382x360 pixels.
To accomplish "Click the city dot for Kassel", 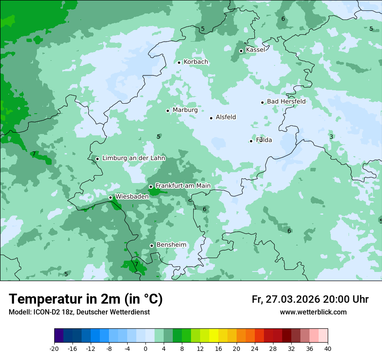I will point(241,51).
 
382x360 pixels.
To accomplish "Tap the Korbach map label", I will point(196,62).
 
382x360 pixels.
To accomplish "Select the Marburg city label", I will point(185,110).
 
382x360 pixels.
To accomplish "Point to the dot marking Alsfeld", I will point(211,118).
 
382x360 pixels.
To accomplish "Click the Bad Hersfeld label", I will point(286,101).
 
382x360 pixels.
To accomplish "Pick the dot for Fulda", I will point(251,141).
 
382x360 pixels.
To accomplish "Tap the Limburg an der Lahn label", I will point(133,158).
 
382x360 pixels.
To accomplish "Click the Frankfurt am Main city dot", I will point(151,187).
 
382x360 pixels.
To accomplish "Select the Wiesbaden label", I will point(132,196).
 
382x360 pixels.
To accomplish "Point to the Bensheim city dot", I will point(151,245).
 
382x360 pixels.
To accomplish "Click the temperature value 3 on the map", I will point(331,137).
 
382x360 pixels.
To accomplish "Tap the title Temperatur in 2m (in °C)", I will point(86,299).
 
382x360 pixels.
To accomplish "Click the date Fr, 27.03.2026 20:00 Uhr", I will point(310,299).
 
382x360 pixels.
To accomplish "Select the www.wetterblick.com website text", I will point(313,312).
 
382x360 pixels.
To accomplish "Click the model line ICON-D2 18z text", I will point(79,312).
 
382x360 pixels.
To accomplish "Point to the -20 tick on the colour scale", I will point(54,349).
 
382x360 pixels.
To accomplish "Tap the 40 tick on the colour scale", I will point(328,349).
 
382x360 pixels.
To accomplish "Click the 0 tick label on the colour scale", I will point(145,349).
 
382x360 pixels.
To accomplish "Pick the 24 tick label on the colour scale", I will point(255,349).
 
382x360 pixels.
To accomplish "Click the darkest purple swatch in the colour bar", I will point(59,336).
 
